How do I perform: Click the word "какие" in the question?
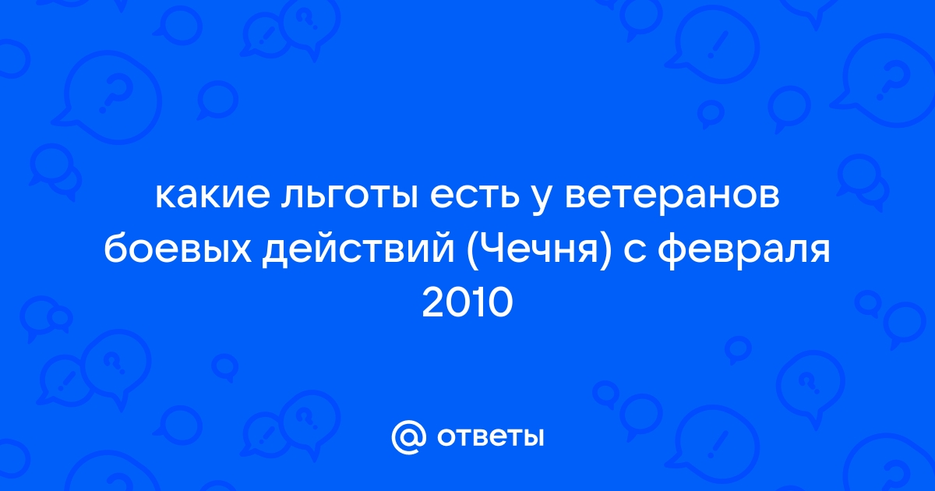coord(213,196)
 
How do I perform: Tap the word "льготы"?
coord(349,196)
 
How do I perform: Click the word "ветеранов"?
coord(672,196)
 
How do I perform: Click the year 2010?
coord(467,303)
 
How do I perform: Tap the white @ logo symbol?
coord(409,437)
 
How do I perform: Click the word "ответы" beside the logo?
coord(490,437)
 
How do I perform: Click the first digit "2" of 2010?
coord(433,303)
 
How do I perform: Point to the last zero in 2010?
coord(500,303)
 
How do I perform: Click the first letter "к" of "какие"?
coord(166,196)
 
